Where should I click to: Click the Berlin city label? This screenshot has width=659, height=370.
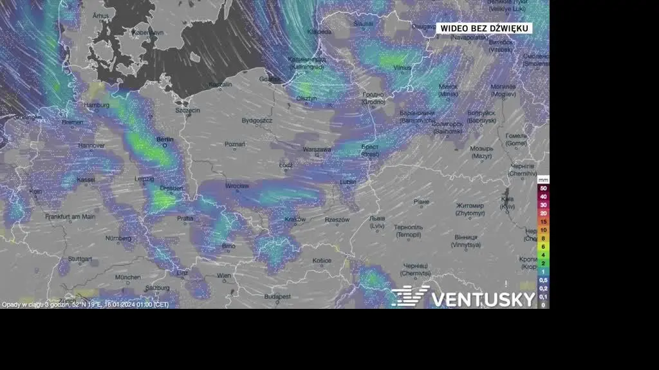(x=165, y=138)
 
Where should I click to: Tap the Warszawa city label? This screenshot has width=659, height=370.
(x=317, y=149)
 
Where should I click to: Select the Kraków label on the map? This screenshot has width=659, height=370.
(x=295, y=219)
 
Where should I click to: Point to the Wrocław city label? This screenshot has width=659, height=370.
(x=237, y=186)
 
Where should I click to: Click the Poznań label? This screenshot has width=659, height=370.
(x=235, y=144)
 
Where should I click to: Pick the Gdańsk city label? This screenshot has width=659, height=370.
(x=270, y=79)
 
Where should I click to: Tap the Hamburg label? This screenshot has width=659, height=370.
(x=97, y=105)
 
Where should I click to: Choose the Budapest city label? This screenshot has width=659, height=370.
(x=277, y=297)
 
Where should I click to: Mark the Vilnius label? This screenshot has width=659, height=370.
(x=402, y=67)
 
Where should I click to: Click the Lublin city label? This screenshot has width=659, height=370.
(x=348, y=182)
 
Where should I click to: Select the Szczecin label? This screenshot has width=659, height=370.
(x=188, y=110)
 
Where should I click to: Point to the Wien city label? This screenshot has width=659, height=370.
(x=224, y=275)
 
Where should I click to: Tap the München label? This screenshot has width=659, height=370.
(x=128, y=277)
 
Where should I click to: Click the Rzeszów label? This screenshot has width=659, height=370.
(x=337, y=219)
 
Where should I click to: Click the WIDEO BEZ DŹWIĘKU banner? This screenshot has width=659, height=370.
(x=485, y=28)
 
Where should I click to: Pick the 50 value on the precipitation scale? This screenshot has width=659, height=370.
(x=544, y=188)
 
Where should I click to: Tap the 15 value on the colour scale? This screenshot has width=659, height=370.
(x=544, y=221)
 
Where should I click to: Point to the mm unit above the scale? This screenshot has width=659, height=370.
(x=544, y=179)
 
